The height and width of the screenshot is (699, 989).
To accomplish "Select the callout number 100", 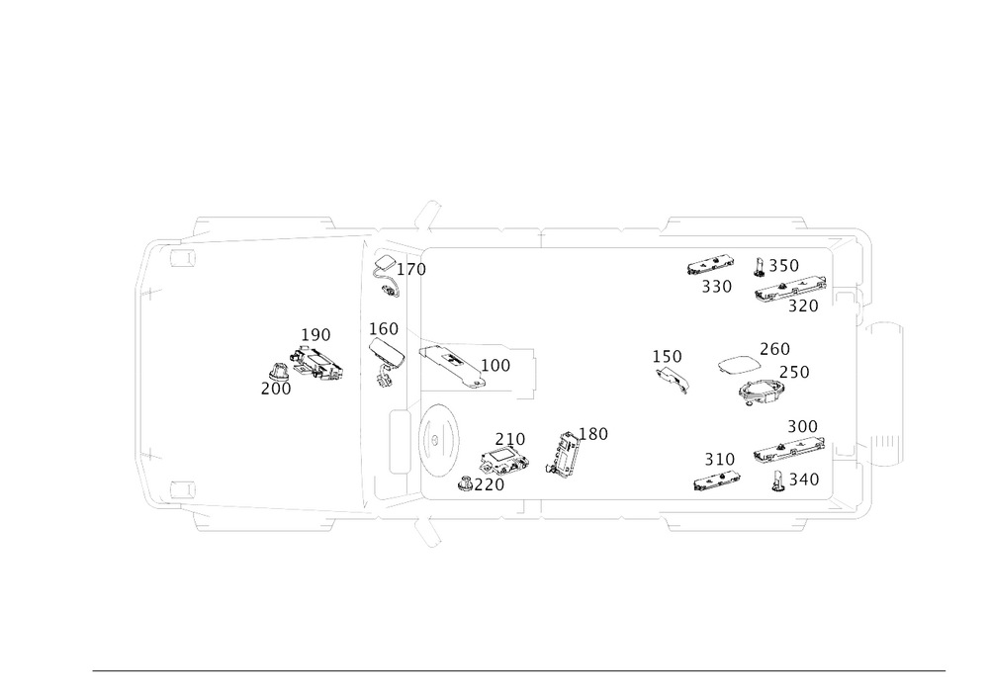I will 496,366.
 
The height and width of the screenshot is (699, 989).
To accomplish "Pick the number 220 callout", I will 482,483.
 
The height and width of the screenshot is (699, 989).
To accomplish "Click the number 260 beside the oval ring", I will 774,347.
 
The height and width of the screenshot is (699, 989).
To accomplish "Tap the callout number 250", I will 794,374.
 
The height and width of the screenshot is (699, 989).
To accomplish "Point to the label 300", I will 801,426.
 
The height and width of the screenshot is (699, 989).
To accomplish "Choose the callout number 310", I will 719,459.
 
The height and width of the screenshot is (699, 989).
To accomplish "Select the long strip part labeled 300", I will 787,450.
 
